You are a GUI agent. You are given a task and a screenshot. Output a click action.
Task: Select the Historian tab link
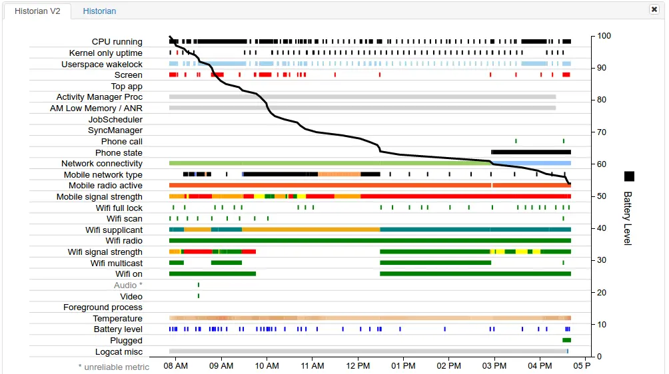click(x=99, y=11)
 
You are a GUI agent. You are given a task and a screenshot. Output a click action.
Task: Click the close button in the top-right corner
click(x=654, y=9)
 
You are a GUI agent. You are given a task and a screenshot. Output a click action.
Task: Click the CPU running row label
click(x=117, y=42)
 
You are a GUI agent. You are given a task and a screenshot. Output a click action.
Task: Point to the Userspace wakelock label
click(x=102, y=64)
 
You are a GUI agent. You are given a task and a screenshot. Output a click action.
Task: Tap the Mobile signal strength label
click(x=99, y=197)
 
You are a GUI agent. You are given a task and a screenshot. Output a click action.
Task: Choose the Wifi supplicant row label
click(x=114, y=230)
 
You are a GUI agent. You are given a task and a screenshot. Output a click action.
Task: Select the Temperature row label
click(x=118, y=319)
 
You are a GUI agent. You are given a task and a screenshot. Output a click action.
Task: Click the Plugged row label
click(x=126, y=341)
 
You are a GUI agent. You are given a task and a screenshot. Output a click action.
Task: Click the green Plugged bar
click(x=566, y=341)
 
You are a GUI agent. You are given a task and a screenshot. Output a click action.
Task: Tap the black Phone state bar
click(x=531, y=152)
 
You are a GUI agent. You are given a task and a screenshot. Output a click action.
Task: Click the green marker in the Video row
click(x=199, y=296)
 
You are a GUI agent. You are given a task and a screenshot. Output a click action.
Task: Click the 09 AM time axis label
click(x=221, y=365)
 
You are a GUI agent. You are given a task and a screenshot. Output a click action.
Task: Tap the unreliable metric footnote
click(x=114, y=367)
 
